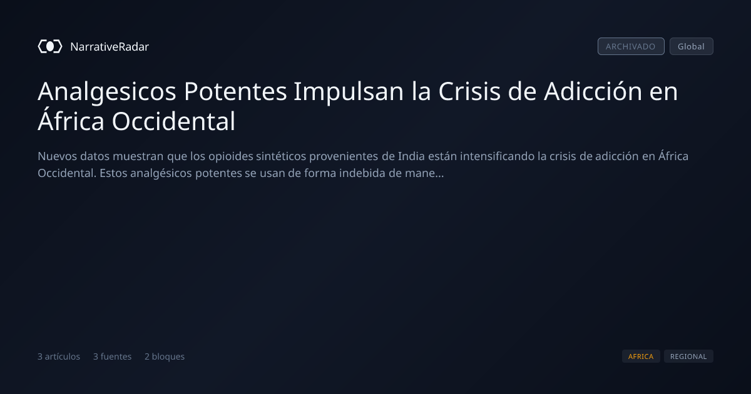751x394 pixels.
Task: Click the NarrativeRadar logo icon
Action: tap(50, 46)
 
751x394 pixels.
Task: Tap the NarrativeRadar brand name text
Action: tap(110, 47)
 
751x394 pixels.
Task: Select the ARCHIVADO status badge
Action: tap(631, 46)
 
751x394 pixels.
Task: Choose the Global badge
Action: tap(692, 46)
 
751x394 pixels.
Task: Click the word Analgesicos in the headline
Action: tap(107, 92)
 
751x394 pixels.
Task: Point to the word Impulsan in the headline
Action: tap(349, 92)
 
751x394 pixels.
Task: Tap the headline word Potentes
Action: tap(235, 91)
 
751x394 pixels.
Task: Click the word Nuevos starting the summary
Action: tap(58, 156)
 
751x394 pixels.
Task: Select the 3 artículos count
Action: tap(59, 356)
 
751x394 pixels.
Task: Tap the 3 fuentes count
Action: tap(112, 356)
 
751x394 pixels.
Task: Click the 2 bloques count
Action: tap(165, 357)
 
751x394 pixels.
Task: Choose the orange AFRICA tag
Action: tap(641, 356)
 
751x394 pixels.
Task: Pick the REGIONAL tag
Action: tap(688, 356)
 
